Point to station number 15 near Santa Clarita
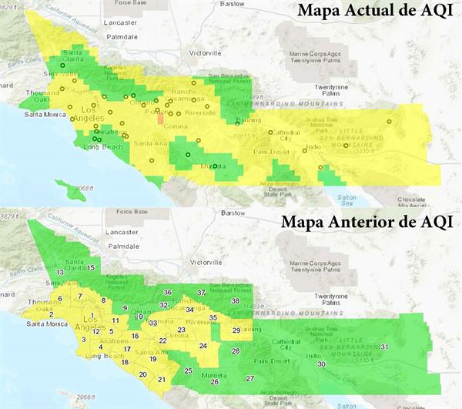click(x=91, y=267)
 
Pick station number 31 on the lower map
click(x=383, y=347)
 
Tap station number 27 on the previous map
click(x=249, y=378)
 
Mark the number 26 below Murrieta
click(x=214, y=381)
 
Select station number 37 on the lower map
click(x=201, y=293)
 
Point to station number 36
click(x=167, y=292)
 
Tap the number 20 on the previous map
click(x=142, y=374)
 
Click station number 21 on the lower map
click(x=161, y=380)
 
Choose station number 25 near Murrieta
click(x=188, y=370)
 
